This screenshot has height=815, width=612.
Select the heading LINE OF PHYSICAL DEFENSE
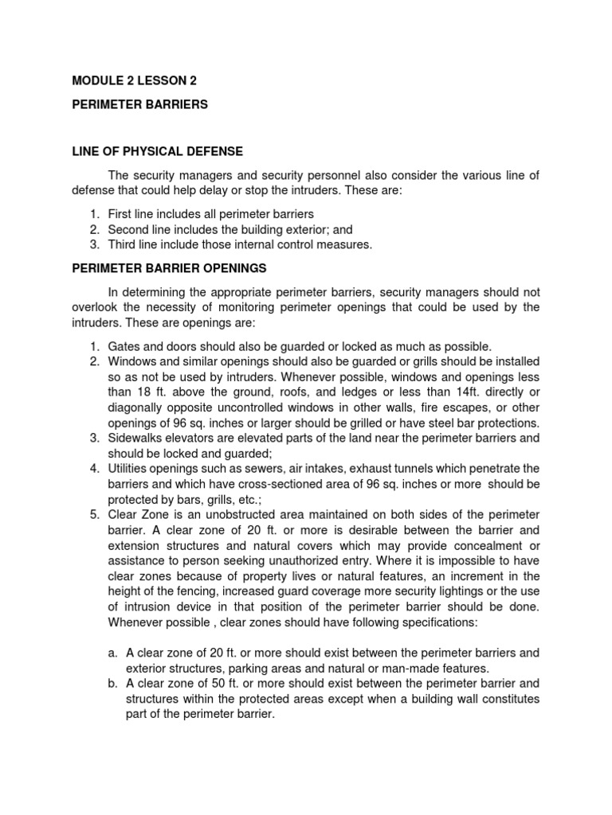click(x=157, y=151)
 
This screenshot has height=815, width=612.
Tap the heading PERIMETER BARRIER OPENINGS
click(x=168, y=268)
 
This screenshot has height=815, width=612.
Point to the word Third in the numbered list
click(x=123, y=245)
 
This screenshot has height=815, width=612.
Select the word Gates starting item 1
click(x=124, y=346)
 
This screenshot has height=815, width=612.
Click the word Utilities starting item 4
click(x=129, y=468)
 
